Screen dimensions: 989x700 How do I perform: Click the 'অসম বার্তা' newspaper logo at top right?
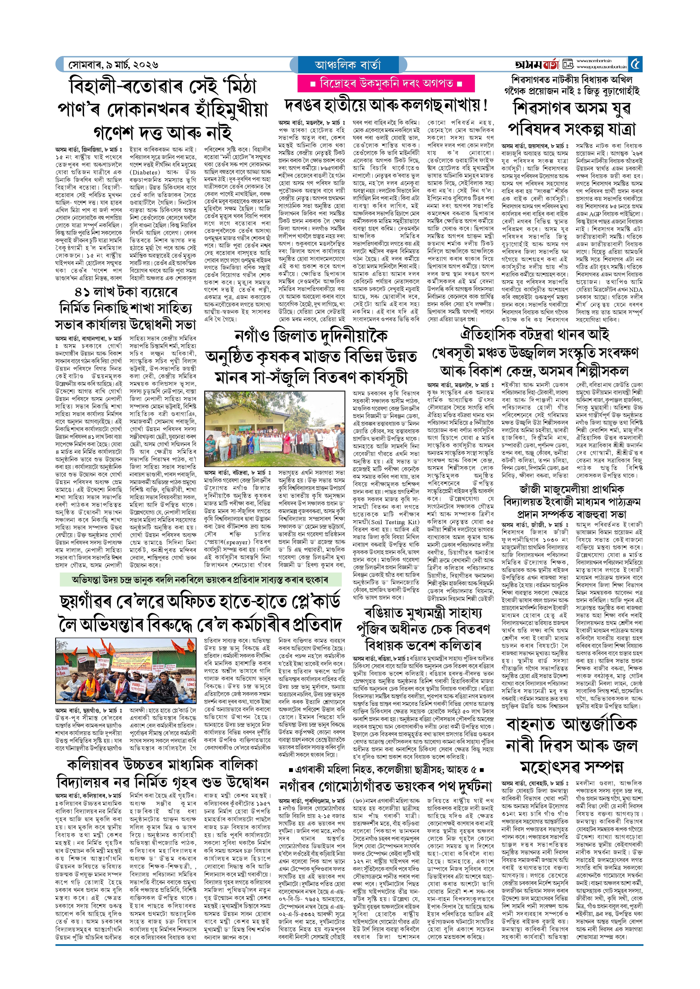[x=537, y=65]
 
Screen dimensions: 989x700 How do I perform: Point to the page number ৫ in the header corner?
[x=635, y=65]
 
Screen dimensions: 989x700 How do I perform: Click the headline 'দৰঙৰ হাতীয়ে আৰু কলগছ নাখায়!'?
[x=386, y=105]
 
